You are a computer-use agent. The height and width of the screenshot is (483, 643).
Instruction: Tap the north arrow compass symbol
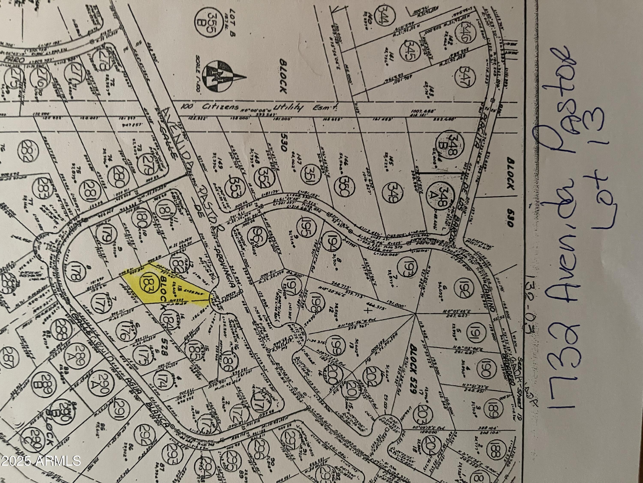click(x=221, y=78)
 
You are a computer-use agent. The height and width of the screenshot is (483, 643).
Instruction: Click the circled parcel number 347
click(x=463, y=79)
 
